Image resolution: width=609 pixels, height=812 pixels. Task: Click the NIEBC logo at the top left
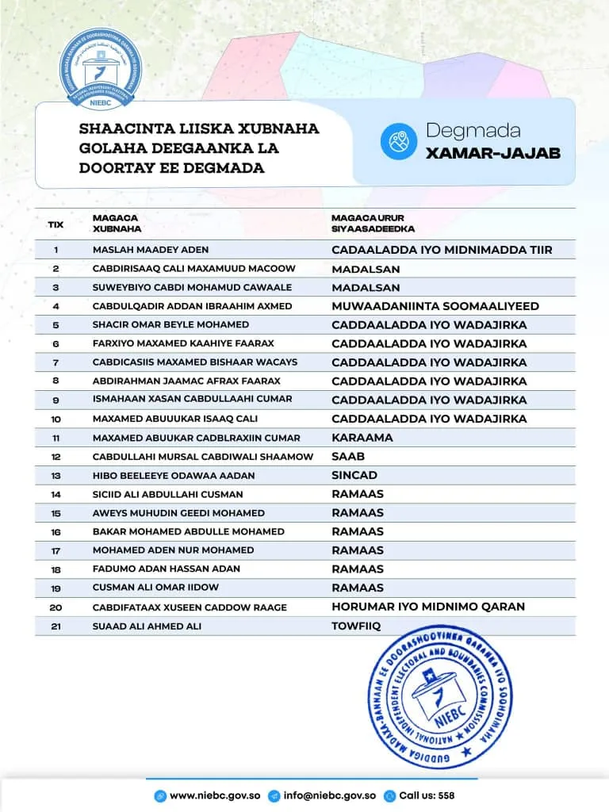99,71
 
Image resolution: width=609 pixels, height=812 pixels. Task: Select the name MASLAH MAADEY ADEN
151,250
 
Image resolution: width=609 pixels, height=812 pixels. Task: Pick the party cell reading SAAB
348,457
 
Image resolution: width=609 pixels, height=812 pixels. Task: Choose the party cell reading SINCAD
354,475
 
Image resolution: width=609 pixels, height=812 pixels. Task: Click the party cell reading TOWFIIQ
356,626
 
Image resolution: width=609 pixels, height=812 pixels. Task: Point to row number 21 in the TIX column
56,626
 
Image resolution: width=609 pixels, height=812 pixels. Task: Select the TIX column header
56,224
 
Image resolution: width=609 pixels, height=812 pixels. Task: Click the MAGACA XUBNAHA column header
117,223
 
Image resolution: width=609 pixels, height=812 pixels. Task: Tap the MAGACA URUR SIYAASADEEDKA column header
373,223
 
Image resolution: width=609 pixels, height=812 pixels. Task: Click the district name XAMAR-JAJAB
492,153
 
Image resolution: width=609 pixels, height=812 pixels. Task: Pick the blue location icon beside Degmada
399,141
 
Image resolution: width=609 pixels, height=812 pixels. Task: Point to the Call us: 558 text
427,795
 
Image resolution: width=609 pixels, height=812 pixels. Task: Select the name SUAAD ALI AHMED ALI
147,626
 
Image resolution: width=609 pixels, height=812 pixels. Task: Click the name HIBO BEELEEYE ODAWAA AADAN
174,475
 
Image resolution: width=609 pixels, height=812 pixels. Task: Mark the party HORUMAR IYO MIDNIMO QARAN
428,607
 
